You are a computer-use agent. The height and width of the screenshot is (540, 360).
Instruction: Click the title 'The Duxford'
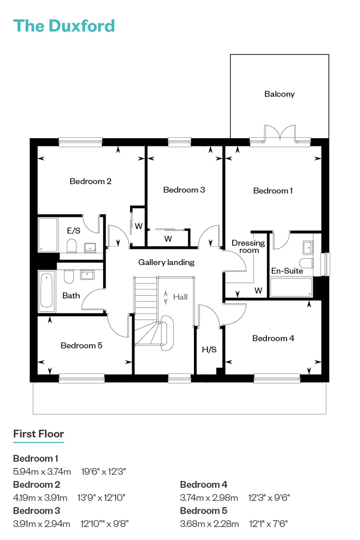(64, 26)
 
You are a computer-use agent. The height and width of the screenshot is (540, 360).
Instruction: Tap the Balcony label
(279, 94)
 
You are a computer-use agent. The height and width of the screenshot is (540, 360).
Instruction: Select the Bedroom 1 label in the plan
(273, 191)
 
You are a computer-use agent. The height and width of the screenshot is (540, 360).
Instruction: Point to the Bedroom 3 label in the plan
(184, 190)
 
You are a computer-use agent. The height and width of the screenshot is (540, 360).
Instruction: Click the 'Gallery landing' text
(167, 263)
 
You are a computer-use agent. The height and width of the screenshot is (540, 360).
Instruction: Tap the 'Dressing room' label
(248, 247)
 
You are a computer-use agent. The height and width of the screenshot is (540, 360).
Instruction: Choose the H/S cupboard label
(209, 349)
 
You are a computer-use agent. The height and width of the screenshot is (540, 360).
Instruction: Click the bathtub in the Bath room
(47, 291)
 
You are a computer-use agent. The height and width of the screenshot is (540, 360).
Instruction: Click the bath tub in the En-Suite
(291, 287)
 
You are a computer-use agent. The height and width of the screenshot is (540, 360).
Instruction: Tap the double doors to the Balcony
(280, 132)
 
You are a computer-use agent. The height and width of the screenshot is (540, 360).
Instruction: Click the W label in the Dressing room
(258, 290)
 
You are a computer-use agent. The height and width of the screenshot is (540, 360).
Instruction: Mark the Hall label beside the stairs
(180, 297)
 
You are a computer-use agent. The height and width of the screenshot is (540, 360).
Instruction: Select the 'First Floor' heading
(38, 433)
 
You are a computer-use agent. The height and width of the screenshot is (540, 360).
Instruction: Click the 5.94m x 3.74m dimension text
(42, 471)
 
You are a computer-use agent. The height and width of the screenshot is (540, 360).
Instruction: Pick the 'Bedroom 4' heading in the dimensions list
(204, 484)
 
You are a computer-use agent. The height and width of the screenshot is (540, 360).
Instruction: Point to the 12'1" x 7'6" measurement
(268, 524)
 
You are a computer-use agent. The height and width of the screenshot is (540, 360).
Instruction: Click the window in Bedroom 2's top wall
(81, 142)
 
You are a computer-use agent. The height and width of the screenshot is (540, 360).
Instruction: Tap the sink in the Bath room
(87, 275)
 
